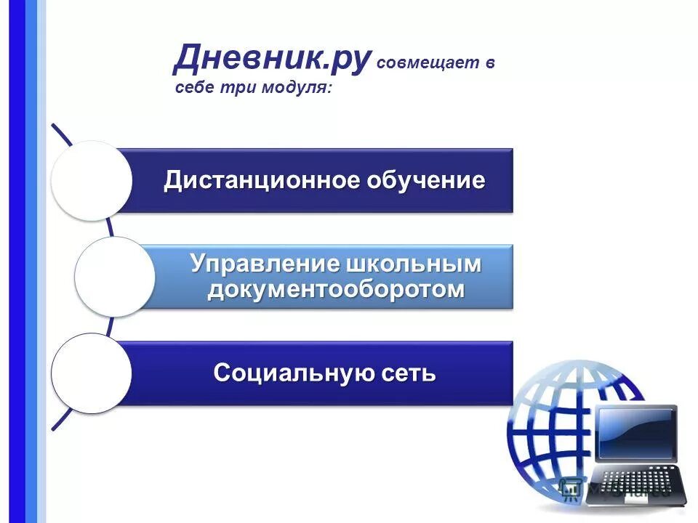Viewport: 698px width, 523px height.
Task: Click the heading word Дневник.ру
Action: click(273, 58)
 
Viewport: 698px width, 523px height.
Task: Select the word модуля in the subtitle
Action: click(295, 89)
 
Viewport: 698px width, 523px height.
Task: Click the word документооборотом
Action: click(335, 289)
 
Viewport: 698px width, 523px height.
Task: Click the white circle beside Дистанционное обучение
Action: click(92, 180)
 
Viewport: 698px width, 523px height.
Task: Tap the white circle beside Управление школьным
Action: click(114, 276)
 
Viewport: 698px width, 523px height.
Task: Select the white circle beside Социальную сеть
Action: click(91, 373)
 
